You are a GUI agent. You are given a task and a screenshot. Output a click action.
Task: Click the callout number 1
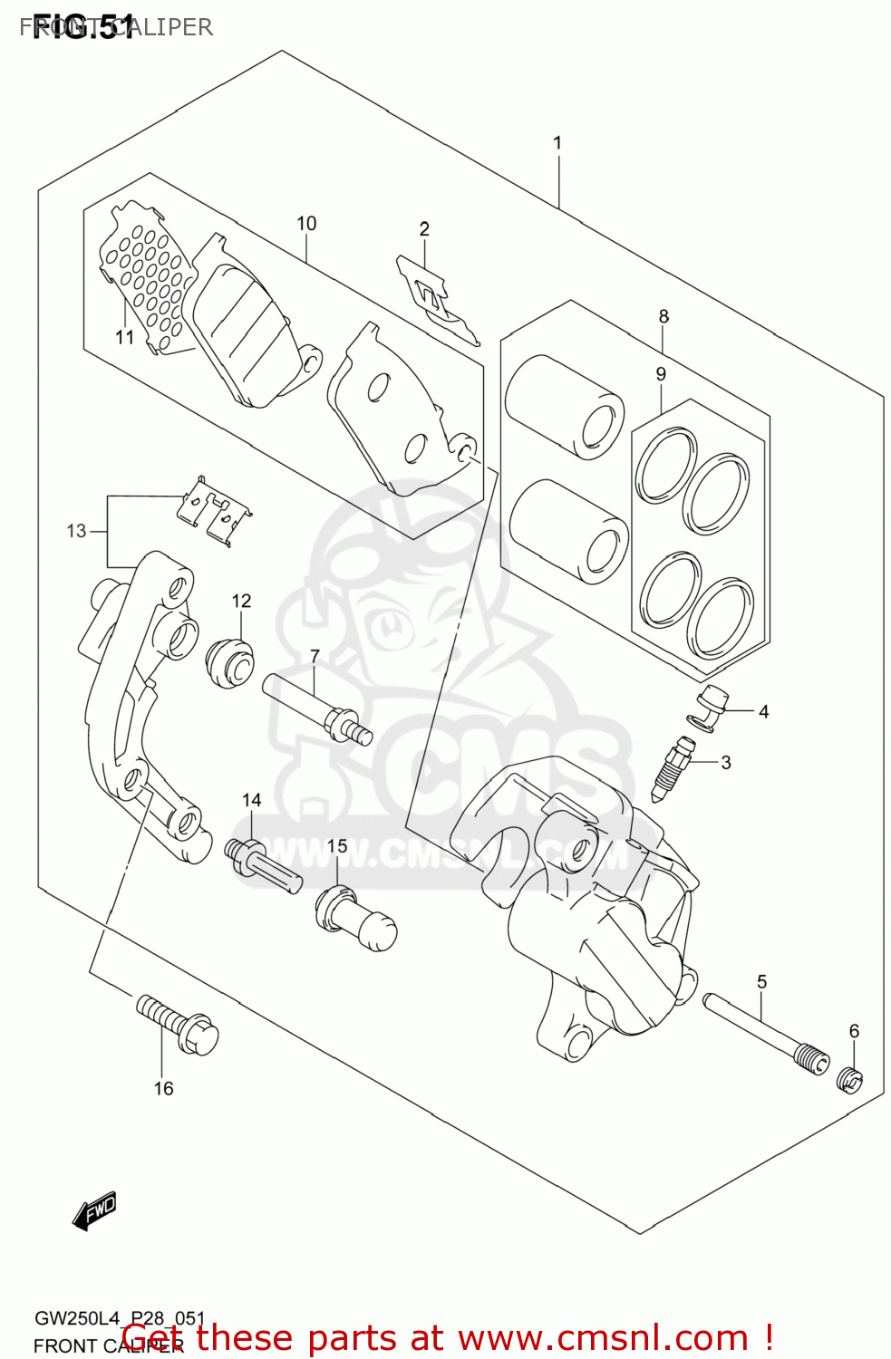tap(557, 143)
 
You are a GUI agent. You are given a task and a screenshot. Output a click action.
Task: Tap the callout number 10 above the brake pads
tap(306, 224)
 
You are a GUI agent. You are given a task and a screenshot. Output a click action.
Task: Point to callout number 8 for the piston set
tap(663, 316)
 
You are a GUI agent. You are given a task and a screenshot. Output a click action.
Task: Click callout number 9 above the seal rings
tap(661, 374)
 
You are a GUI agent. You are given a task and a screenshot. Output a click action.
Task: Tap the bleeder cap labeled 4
tap(712, 708)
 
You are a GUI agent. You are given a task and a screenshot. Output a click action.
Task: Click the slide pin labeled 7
tap(317, 712)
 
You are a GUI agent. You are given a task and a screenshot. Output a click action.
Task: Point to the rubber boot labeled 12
tap(228, 664)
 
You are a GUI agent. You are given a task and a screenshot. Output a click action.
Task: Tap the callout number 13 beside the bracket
tap(76, 531)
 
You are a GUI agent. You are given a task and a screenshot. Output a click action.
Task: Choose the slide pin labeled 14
tap(263, 866)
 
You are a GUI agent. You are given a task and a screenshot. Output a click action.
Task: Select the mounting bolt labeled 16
tap(179, 1024)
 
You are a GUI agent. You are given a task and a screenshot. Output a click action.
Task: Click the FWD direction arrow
tap(95, 1210)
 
